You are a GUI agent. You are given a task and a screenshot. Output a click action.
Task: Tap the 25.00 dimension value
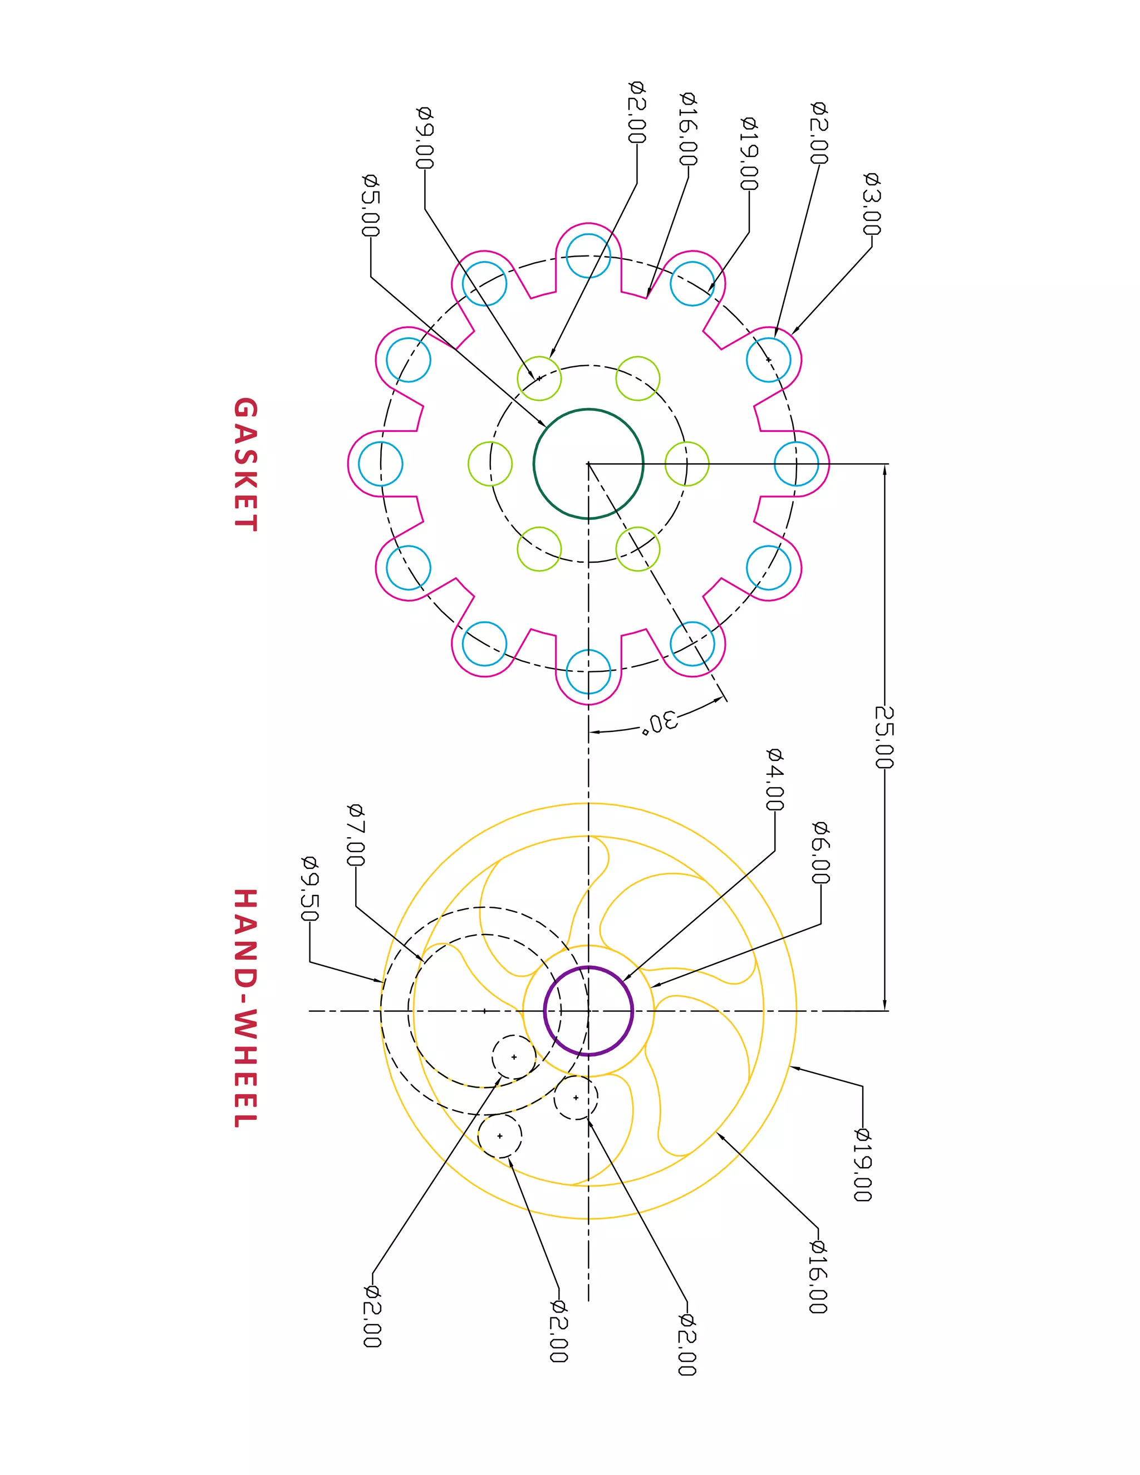tap(884, 737)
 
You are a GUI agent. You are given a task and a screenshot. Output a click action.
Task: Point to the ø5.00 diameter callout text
tap(371, 206)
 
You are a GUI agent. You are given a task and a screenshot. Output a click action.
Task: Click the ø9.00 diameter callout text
tap(424, 138)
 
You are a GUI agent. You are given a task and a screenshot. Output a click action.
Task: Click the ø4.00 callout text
tap(775, 779)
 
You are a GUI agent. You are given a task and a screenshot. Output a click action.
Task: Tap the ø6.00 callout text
tap(820, 852)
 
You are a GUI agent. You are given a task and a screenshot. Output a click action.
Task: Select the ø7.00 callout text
tap(355, 835)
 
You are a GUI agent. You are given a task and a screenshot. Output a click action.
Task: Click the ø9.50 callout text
tap(309, 889)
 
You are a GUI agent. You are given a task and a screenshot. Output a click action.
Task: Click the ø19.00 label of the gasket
tap(749, 154)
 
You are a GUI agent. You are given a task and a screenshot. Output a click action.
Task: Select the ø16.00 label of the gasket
tap(687, 129)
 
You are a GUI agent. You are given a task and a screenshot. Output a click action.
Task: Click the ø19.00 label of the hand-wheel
tap(862, 1164)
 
